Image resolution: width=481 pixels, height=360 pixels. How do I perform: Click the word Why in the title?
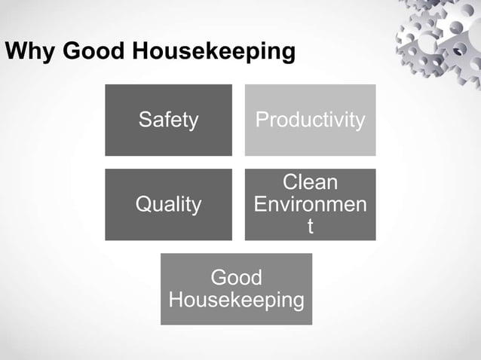(29, 52)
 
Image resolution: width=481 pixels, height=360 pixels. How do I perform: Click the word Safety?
(168, 120)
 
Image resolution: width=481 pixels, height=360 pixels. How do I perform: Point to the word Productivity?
(310, 120)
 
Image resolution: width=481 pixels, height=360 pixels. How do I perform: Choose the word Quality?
(168, 204)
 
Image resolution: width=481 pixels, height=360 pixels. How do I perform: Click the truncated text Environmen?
(310, 204)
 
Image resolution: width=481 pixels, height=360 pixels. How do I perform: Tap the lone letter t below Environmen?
(310, 225)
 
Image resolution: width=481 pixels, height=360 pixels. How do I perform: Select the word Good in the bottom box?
(236, 278)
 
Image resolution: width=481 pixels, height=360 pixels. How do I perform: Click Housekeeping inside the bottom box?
(236, 300)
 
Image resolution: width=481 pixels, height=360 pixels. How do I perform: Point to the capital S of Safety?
(143, 120)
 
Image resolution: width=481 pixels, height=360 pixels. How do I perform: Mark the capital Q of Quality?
(142, 204)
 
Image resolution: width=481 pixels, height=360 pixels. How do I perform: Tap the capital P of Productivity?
(262, 120)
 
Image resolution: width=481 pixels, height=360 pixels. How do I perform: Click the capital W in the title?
(14, 52)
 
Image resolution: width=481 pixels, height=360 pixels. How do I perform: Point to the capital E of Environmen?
(261, 204)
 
